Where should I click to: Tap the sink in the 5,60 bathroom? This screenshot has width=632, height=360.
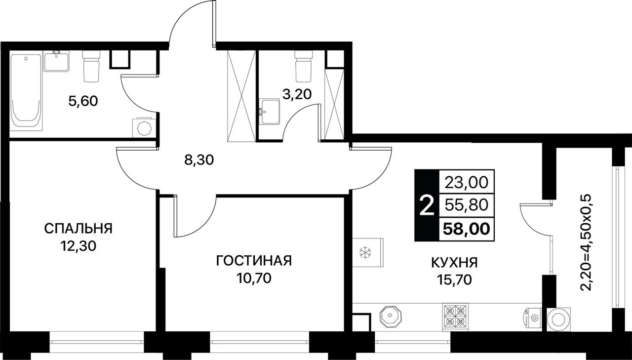coord(56,61)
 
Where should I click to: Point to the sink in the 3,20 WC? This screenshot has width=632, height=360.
coord(270,112)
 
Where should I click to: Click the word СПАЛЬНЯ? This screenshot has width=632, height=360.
coord(79,229)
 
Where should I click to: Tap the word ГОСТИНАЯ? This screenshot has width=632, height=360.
coord(254,261)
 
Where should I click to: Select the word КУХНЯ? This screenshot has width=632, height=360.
coord(455,263)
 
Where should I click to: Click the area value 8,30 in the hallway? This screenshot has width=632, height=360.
coord(199,160)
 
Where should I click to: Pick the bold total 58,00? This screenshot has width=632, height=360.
coord(467,229)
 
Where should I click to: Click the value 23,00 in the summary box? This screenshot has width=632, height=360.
coord(467,182)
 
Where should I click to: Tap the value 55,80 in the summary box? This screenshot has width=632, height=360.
coord(467,205)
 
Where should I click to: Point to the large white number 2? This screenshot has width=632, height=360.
coord(427,205)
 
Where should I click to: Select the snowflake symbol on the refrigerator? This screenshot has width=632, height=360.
coord(366,252)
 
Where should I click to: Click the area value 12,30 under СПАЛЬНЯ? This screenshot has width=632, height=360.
coord(79,246)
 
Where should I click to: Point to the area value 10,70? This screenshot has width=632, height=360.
coord(254,279)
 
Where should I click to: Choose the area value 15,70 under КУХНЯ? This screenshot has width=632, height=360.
coord(455,280)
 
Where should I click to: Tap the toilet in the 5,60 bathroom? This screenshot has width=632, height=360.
coord(92,66)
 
